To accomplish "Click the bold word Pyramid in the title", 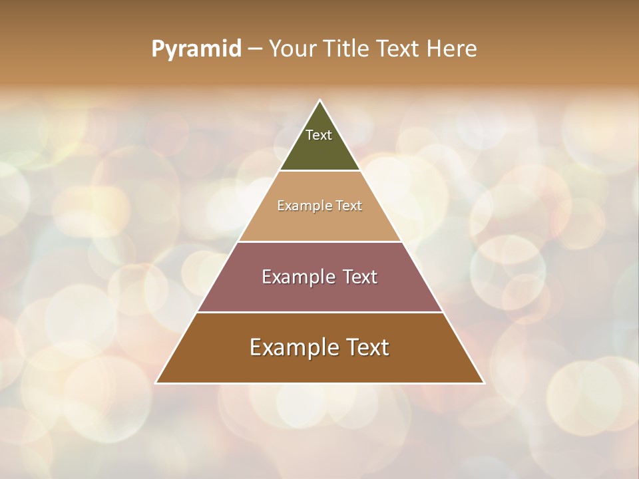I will click(x=196, y=49).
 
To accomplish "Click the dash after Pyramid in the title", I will click(x=255, y=49).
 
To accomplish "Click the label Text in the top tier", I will click(x=319, y=135).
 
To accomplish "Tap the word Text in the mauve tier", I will click(x=360, y=277).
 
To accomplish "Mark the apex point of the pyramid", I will click(x=320, y=100).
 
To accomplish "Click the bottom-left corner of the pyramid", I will click(x=156, y=383).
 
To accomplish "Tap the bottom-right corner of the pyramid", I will click(x=485, y=383).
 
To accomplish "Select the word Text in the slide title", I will click(x=397, y=49).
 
